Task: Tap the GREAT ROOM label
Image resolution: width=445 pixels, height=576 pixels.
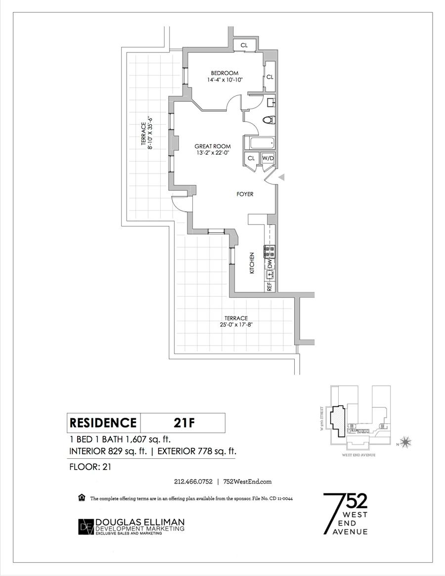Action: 213,146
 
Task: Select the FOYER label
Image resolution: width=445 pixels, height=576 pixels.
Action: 245,194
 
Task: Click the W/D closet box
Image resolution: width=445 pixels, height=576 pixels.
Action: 268,158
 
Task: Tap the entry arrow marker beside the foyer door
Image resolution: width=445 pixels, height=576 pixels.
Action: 282,177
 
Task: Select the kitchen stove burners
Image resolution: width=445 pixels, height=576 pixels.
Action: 270,252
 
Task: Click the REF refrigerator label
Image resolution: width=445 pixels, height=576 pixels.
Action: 269,286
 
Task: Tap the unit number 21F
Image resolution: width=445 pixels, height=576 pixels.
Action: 183,423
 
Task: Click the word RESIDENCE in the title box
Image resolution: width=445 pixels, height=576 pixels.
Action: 103,423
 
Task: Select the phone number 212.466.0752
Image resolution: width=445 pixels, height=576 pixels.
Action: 193,481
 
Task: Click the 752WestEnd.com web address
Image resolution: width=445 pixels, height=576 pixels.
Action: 248,481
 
